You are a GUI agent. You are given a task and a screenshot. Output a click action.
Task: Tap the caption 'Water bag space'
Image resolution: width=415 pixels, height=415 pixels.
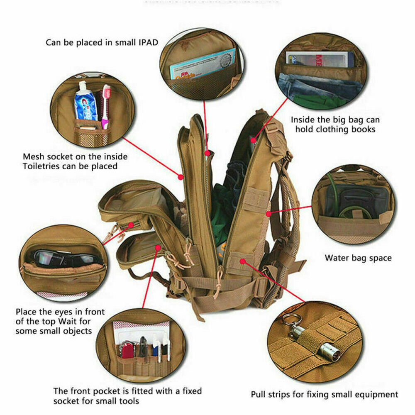point(358,258)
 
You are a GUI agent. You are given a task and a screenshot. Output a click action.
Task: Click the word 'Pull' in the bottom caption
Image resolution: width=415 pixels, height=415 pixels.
point(258,394)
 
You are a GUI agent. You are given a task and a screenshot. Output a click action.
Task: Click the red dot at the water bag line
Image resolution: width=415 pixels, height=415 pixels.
point(269,214)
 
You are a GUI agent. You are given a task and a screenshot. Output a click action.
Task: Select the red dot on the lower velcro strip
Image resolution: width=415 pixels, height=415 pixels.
point(242,261)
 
